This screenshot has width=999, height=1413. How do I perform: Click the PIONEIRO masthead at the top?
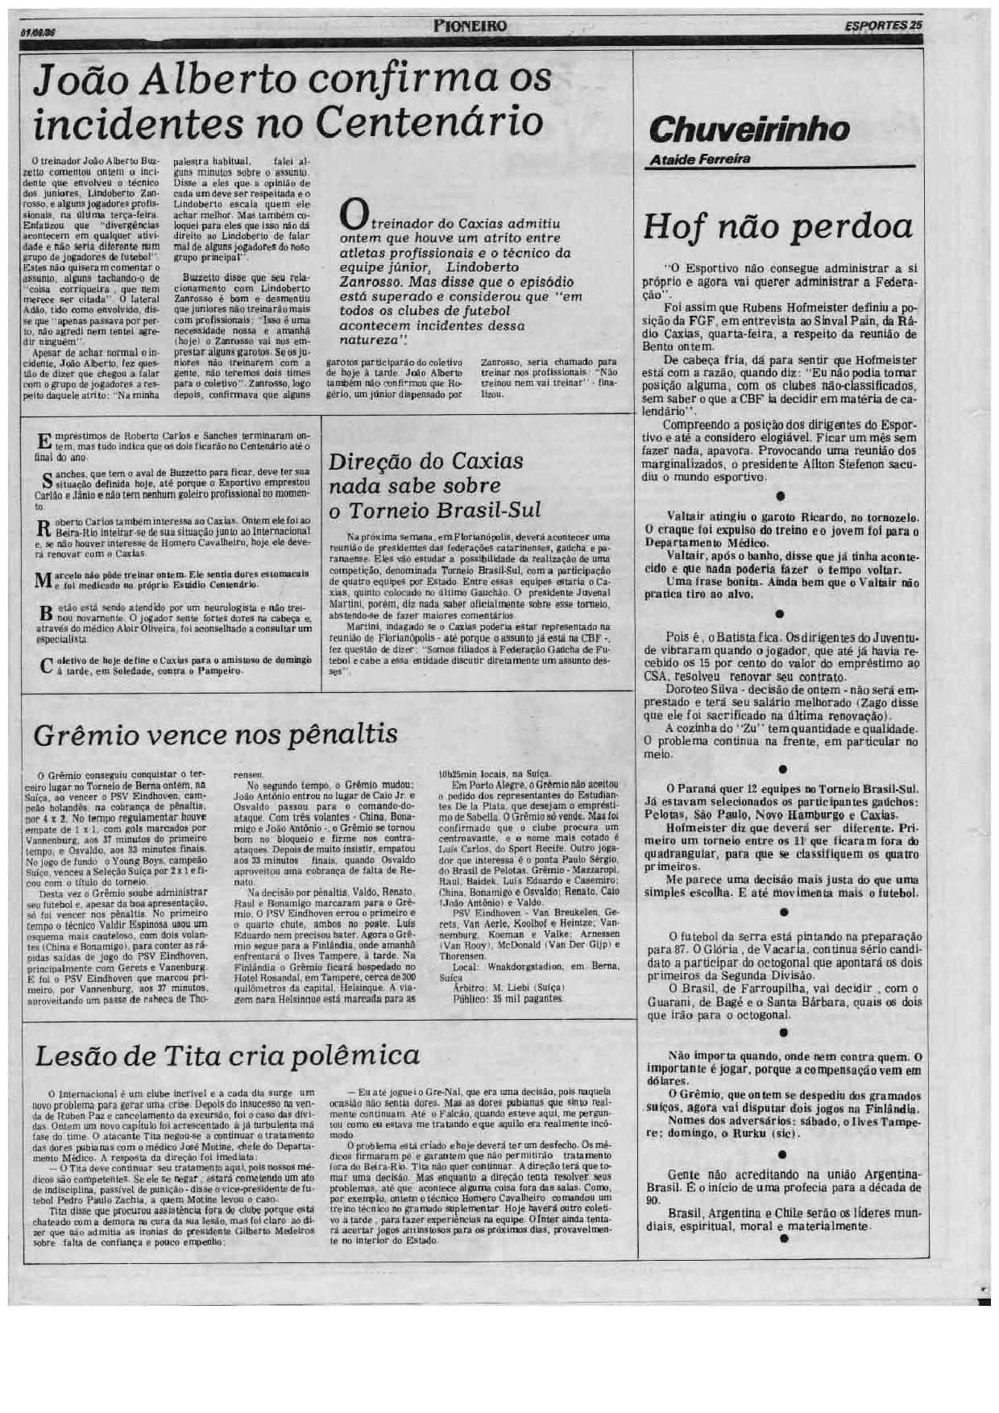pyautogui.click(x=470, y=26)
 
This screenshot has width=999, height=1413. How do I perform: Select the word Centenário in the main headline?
pyautogui.click(x=429, y=123)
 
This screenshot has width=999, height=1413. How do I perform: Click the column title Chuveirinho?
pyautogui.click(x=748, y=129)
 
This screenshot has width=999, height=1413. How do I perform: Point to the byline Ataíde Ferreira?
pyautogui.click(x=700, y=159)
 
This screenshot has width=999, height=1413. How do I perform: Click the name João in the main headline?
pyautogui.click(x=81, y=81)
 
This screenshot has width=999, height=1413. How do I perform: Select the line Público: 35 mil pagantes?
pyautogui.click(x=508, y=998)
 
